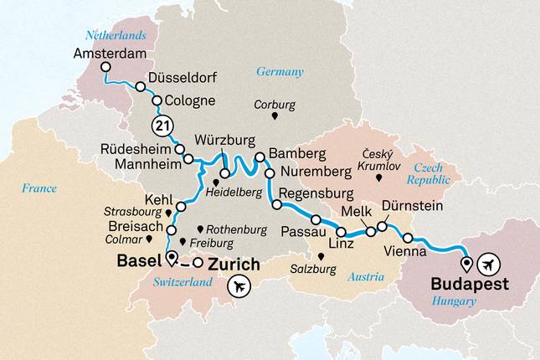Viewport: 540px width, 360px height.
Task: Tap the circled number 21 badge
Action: (162, 126)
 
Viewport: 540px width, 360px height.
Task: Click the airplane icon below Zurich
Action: (239, 286)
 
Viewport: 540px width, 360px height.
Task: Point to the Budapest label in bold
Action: (470, 284)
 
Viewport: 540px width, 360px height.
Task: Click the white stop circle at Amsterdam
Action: (105, 68)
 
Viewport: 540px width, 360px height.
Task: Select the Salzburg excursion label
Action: (319, 270)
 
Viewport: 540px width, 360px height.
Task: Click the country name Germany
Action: (280, 72)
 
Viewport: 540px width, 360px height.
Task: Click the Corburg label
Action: (275, 105)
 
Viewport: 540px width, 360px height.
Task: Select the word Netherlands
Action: (116, 35)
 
